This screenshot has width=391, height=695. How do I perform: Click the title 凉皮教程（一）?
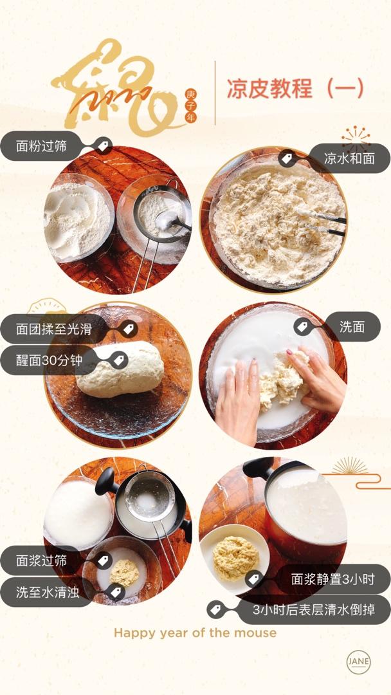[x=295, y=88]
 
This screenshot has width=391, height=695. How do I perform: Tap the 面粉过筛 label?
[x=41, y=146]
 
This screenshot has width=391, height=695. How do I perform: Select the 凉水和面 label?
[x=349, y=158]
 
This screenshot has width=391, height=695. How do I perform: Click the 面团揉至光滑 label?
[x=53, y=329]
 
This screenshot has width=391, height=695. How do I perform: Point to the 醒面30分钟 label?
[x=49, y=360]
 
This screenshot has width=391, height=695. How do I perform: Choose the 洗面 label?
[x=352, y=327]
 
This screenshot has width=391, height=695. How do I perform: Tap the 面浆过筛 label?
[x=41, y=561]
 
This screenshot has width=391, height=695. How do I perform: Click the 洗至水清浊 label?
[x=48, y=592]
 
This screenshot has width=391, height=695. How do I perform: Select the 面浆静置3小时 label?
[x=333, y=579]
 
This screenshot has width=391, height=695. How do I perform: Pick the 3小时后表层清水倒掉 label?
[x=314, y=609]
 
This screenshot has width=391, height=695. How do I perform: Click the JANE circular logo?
[x=358, y=662]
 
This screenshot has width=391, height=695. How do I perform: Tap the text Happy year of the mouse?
[x=195, y=633]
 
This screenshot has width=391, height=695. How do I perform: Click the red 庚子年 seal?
[x=190, y=106]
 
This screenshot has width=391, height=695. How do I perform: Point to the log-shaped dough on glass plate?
[x=120, y=369]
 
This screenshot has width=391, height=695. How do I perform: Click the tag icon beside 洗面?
[x=302, y=327]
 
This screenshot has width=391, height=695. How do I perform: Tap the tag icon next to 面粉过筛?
[x=103, y=145]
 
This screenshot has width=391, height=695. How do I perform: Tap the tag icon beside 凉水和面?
[x=287, y=158]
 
